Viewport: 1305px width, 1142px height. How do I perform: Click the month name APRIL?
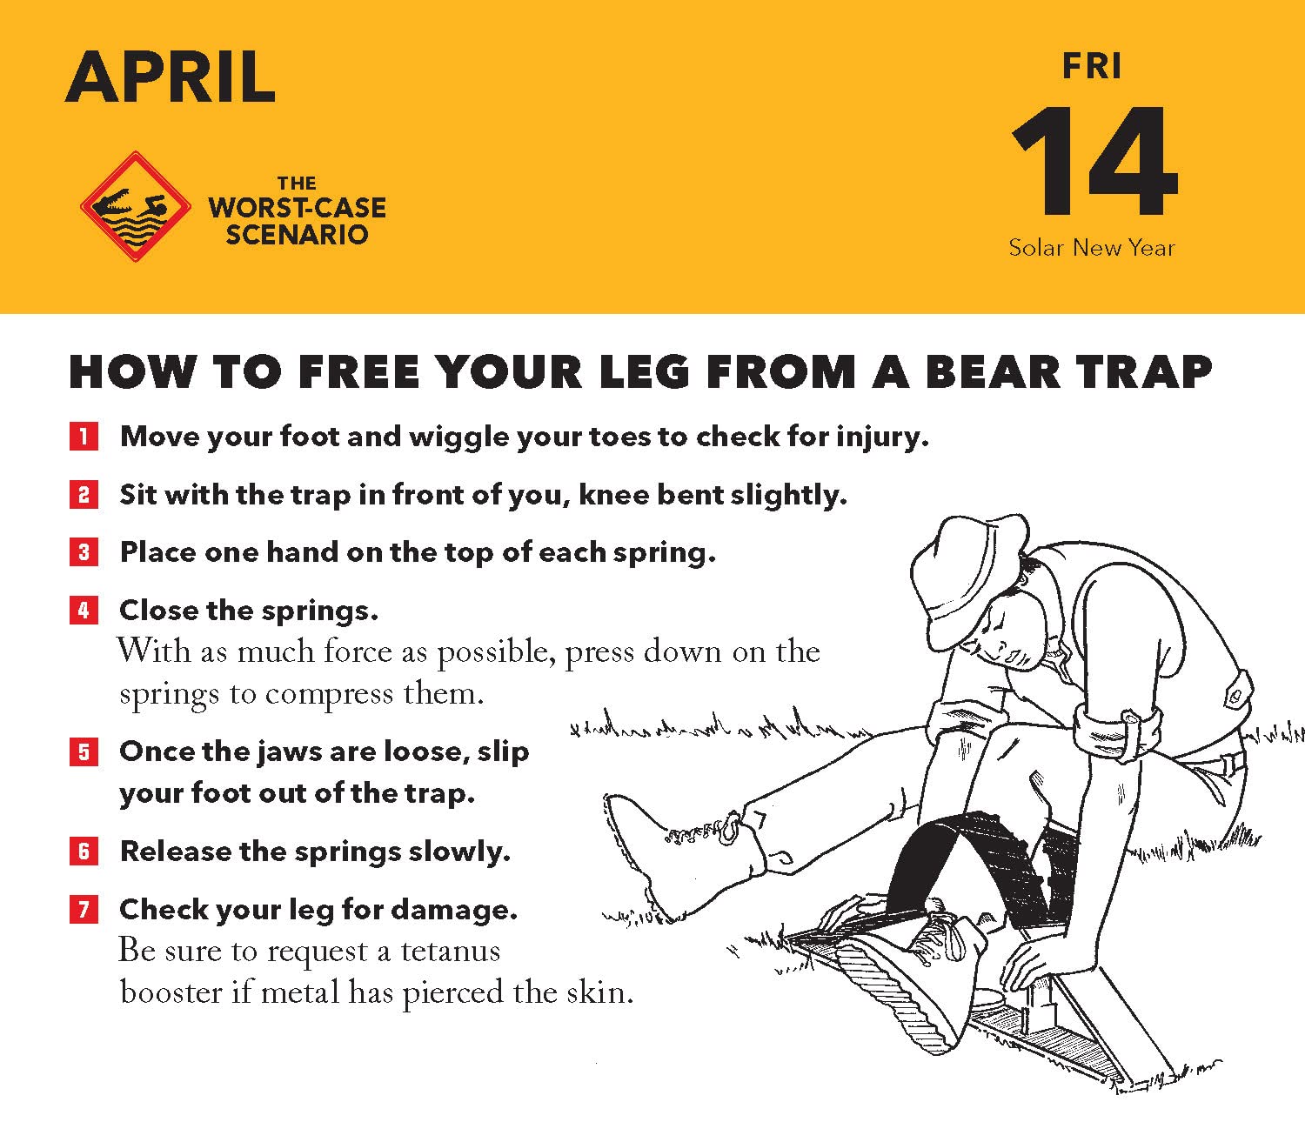click(171, 77)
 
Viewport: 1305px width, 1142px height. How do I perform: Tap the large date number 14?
click(1094, 162)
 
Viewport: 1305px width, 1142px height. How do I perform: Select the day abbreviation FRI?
click(1091, 67)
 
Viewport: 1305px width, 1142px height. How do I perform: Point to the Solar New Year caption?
click(1091, 247)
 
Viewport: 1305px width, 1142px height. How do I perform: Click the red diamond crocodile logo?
click(136, 207)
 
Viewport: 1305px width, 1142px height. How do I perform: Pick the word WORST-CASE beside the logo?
click(298, 208)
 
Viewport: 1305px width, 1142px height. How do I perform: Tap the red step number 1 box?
click(84, 437)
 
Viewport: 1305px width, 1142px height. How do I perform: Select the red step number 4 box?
click(84, 611)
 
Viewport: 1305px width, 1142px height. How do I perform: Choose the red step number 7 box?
click(84, 909)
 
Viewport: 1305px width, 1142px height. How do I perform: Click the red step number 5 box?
click(84, 751)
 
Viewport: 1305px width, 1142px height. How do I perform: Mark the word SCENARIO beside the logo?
click(298, 235)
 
